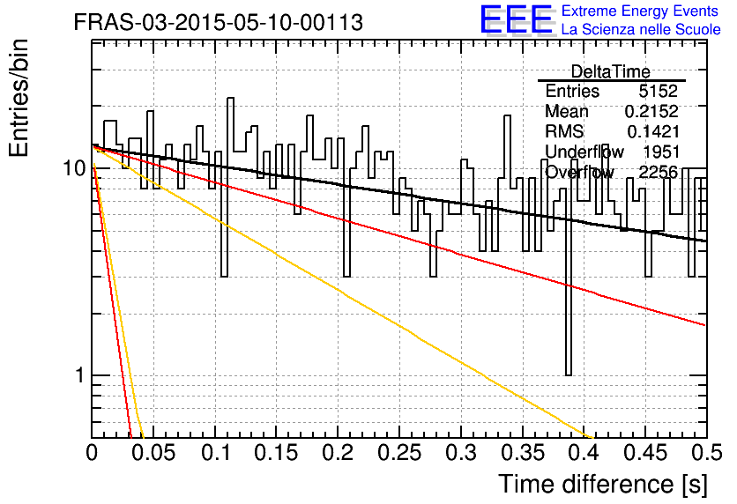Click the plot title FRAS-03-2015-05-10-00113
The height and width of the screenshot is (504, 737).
point(219,22)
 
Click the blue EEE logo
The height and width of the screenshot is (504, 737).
point(517,19)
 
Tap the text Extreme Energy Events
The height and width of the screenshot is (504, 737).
point(640,11)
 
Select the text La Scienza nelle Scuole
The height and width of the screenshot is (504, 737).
point(641,29)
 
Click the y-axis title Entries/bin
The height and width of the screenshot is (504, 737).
point(19,98)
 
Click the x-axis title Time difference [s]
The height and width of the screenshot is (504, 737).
point(603,484)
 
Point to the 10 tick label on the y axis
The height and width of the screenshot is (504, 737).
point(74,167)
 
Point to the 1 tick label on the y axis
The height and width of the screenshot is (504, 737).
point(80,375)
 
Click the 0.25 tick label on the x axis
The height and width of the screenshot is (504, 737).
point(399,453)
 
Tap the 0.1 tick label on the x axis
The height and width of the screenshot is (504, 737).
point(216,453)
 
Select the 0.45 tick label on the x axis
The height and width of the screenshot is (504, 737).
point(645,453)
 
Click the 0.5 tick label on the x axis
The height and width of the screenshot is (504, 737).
point(707,453)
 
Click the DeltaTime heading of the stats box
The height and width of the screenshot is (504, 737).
point(611,71)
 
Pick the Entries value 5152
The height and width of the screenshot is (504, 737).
point(658,91)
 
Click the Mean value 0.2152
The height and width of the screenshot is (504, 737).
point(651,111)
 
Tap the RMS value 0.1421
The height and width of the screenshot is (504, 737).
point(653,131)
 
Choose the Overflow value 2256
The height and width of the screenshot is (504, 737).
point(658,172)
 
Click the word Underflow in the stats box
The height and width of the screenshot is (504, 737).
point(584,152)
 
